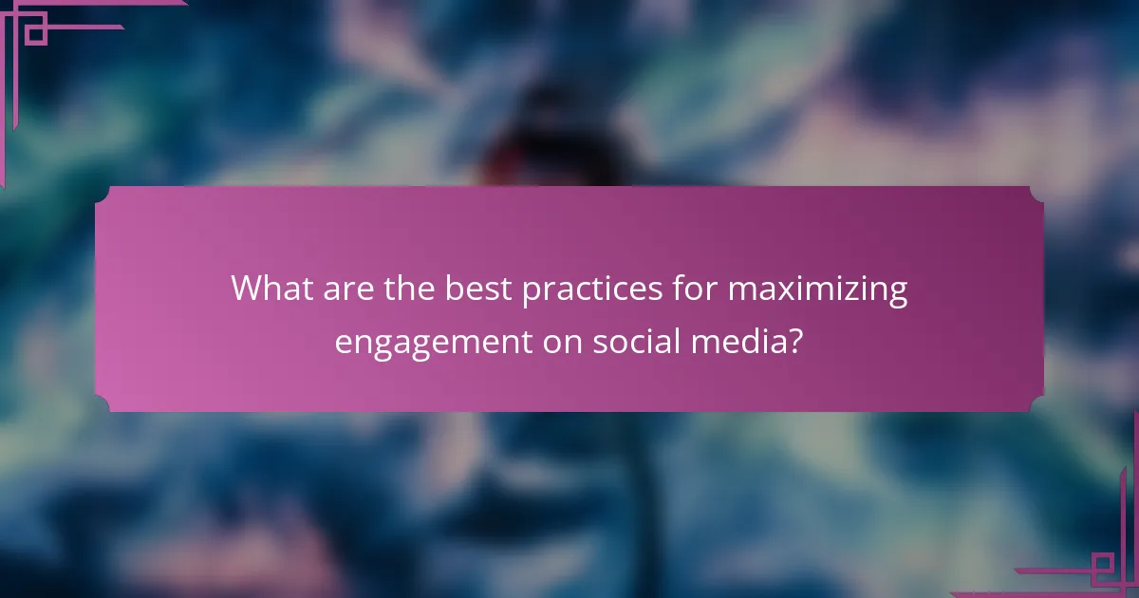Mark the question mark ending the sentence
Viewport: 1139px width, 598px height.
point(794,340)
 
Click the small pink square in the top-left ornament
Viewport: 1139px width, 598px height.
point(35,34)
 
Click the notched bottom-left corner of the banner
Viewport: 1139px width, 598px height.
point(101,405)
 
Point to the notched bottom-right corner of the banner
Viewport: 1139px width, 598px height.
point(1037,405)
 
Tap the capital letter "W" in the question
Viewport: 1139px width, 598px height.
point(247,289)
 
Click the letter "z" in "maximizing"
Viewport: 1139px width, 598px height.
point(848,289)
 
